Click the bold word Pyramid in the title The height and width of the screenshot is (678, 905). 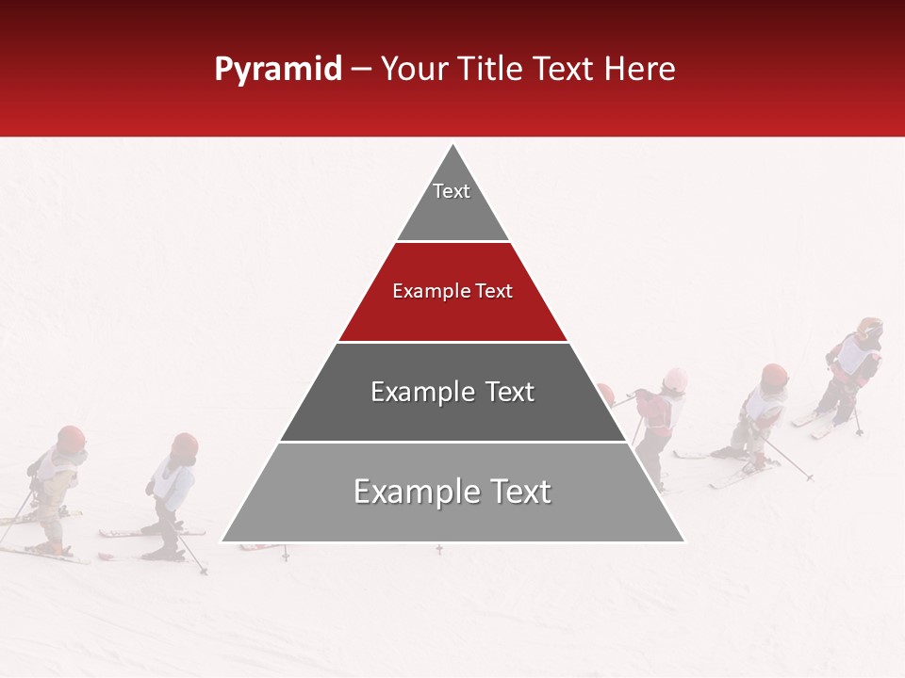tap(278, 69)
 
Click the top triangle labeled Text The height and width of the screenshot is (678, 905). tap(452, 202)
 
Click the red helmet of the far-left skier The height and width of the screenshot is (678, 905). tap(71, 437)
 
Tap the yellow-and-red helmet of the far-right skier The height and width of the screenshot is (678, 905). tap(870, 329)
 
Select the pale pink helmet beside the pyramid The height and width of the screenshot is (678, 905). tap(675, 379)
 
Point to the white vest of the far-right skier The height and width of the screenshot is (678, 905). tap(855, 355)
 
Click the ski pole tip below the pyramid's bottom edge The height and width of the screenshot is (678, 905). tap(439, 549)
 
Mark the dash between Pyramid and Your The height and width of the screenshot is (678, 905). tap(361, 69)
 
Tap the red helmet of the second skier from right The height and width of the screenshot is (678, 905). tap(774, 374)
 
